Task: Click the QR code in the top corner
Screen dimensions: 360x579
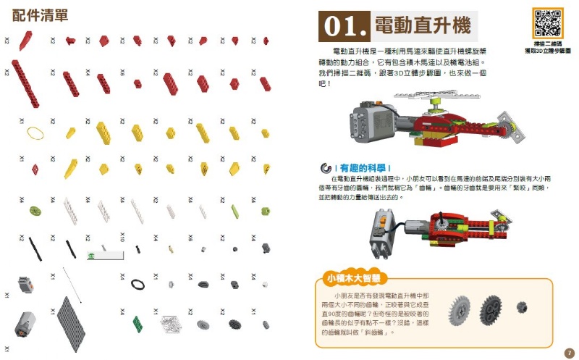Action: [547, 23]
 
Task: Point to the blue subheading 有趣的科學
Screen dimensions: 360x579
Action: [364, 167]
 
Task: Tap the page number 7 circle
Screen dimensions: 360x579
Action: [568, 352]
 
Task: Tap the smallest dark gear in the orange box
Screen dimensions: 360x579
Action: [521, 307]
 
